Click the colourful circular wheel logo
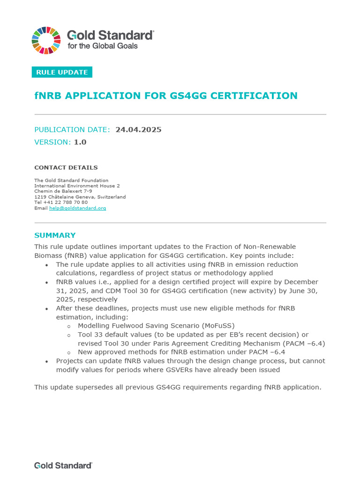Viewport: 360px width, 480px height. point(46,40)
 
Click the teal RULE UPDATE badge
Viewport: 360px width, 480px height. point(62,72)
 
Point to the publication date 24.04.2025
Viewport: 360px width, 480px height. point(138,129)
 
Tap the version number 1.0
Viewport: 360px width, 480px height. point(80,142)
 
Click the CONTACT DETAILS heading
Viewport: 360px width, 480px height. point(66,167)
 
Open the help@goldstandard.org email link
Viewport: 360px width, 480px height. point(77,208)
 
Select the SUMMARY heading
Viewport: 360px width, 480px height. point(55,235)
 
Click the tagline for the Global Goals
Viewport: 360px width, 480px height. point(103,46)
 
